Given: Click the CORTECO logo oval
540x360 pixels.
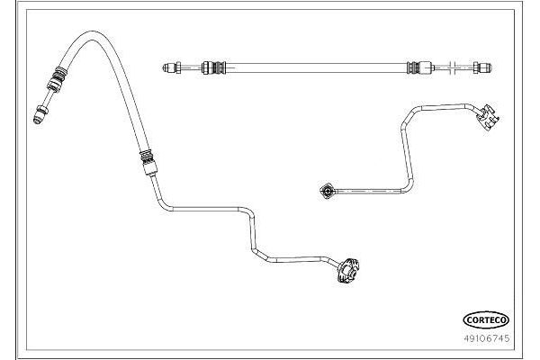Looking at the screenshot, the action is coord(486,320).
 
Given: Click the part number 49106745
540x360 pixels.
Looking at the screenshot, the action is coord(486,338).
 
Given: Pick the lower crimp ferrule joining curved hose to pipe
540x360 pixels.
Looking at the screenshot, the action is coord(148,163).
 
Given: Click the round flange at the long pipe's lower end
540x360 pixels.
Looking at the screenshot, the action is coord(348,270).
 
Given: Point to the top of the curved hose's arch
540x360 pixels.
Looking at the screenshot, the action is coord(92,35).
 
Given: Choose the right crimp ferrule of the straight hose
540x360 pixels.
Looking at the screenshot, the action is coord(419,67).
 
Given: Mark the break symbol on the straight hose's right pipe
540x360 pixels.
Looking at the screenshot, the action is coord(454,67).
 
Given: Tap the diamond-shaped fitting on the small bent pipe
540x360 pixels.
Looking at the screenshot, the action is coord(326,191).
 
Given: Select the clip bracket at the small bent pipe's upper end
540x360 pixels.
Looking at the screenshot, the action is coord(488,117).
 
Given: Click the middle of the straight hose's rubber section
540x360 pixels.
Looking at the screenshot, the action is coord(316,67).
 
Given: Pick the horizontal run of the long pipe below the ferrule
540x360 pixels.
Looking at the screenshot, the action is coord(207,209).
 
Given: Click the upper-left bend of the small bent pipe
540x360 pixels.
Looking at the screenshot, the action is coord(409,114).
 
